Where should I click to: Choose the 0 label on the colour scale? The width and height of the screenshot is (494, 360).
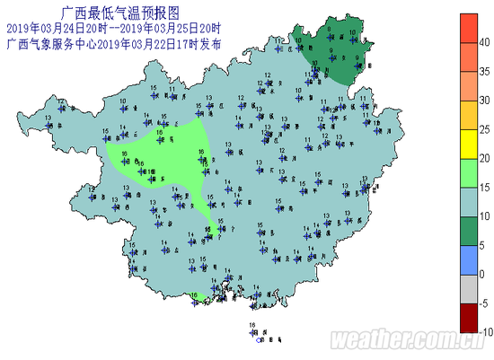tap(482, 274)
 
